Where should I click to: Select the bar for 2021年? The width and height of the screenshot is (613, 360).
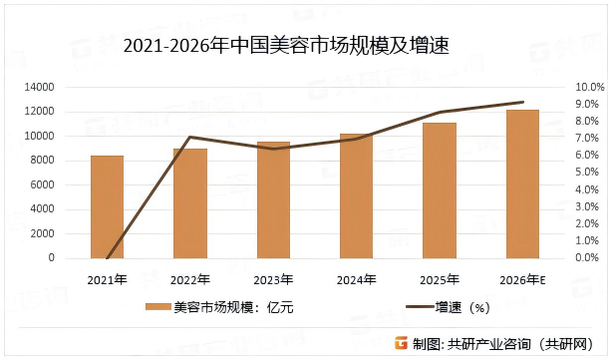pyautogui.click(x=107, y=206)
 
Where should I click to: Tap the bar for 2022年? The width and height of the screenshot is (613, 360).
pyautogui.click(x=189, y=203)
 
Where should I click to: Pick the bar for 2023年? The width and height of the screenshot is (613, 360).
pyautogui.click(x=273, y=199)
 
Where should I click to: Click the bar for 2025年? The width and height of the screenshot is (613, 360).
pyautogui.click(x=440, y=190)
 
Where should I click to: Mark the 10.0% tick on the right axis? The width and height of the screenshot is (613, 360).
pyautogui.click(x=590, y=88)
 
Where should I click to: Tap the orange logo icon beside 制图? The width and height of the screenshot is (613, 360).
pyautogui.click(x=401, y=342)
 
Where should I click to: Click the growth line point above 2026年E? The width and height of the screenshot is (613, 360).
pyautogui.click(x=522, y=102)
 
